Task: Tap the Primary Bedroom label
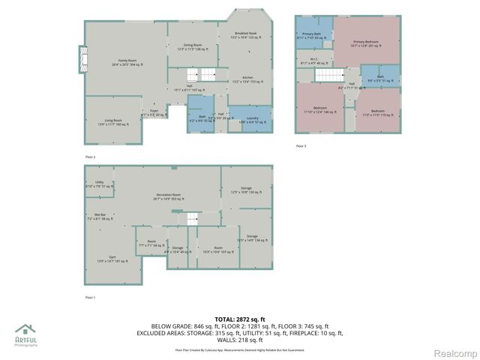(x=366, y=43)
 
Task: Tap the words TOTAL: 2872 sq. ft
(x=240, y=319)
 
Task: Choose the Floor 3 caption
(x=301, y=145)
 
